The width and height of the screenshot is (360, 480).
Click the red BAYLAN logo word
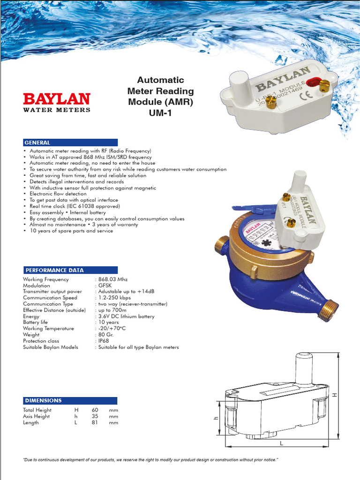(x=57, y=99)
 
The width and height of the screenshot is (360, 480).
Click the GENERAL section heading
(x=37, y=142)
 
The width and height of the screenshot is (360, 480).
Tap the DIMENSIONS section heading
(x=44, y=401)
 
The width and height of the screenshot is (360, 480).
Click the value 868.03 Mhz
(x=113, y=279)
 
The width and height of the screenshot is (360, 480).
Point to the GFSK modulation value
(x=105, y=285)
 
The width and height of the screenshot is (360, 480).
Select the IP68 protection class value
(x=103, y=341)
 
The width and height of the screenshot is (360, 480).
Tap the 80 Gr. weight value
(x=105, y=335)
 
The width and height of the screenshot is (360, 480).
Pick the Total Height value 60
(x=95, y=410)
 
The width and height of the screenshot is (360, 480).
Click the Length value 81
(x=95, y=422)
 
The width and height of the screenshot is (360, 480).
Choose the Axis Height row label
(x=37, y=416)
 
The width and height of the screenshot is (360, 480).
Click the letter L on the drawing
(x=281, y=442)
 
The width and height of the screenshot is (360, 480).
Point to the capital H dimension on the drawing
(x=335, y=395)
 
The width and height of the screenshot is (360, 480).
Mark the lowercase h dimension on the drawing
(x=217, y=419)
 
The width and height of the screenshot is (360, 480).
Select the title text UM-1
(x=161, y=112)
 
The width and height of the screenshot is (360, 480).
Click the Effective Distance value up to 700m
(x=112, y=310)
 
